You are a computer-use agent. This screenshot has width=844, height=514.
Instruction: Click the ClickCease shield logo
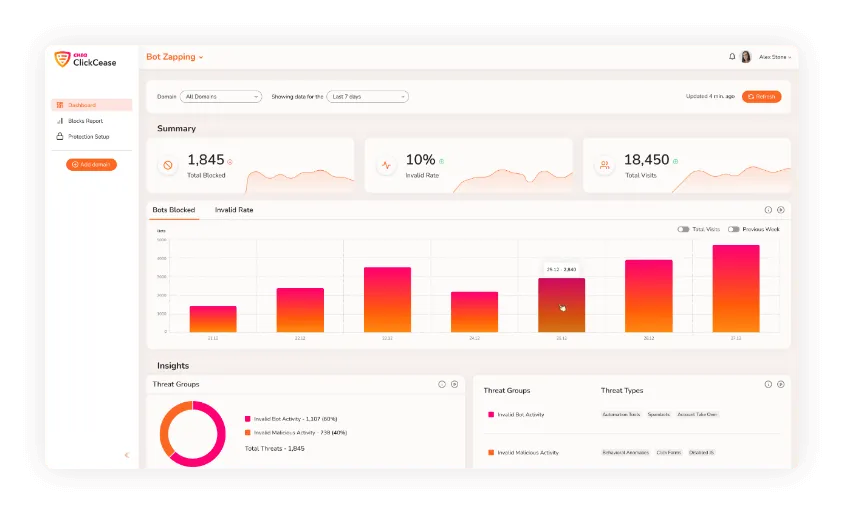62,59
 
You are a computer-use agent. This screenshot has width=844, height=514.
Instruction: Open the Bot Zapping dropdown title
174,57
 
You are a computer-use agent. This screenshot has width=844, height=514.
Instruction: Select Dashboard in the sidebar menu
92,105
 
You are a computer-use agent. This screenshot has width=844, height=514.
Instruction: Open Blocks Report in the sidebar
85,121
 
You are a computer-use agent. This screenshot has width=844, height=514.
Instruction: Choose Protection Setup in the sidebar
88,136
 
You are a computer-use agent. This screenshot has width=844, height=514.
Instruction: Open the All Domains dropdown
221,97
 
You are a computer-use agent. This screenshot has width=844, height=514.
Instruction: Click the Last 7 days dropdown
368,97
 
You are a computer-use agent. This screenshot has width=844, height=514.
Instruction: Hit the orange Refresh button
761,97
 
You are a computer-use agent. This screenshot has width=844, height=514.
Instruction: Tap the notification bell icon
732,57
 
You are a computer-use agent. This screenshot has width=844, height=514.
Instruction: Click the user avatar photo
745,57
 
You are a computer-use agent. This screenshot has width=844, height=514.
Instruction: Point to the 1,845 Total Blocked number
206,160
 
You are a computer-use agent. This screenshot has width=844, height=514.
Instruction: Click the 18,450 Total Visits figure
646,160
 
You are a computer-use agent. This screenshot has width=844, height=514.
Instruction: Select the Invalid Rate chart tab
234,210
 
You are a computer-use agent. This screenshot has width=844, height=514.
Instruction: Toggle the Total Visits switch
683,229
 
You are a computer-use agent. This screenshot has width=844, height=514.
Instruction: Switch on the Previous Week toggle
734,229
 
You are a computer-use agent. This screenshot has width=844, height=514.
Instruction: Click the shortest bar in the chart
213,319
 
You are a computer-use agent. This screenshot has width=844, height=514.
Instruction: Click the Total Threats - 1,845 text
275,449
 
